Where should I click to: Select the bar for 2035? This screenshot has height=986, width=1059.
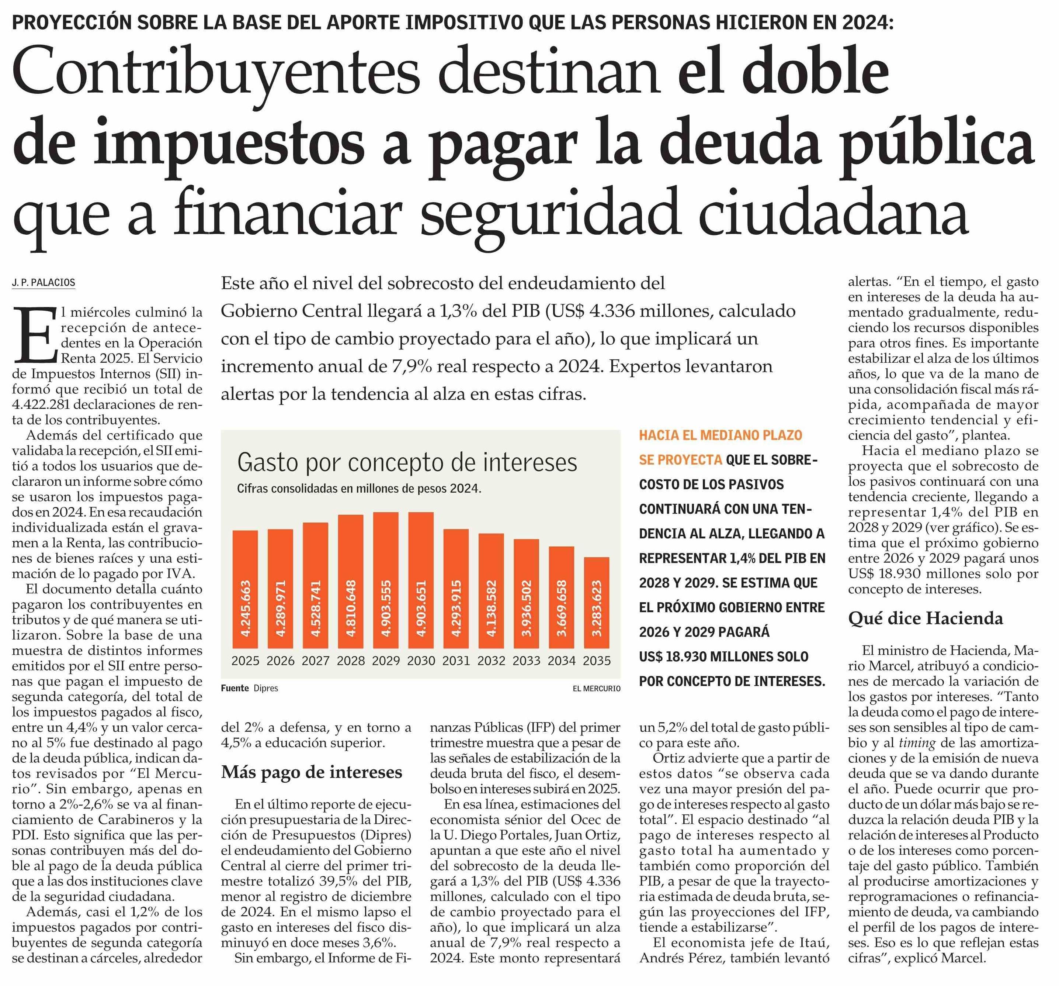[x=597, y=602]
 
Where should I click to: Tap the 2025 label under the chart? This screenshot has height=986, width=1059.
[x=245, y=661]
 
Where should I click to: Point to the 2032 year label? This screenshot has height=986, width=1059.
[x=491, y=661]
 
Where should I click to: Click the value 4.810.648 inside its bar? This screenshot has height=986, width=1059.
[x=351, y=608]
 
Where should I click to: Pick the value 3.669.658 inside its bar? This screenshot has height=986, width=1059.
[x=562, y=608]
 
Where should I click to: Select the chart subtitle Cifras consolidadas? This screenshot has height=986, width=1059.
[x=358, y=488]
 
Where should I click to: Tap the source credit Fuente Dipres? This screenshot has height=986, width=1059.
[x=249, y=688]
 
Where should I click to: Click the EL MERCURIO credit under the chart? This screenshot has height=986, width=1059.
[x=596, y=689]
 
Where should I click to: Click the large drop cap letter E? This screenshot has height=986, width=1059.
[x=35, y=334]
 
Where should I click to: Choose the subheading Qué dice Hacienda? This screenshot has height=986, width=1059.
[x=925, y=618]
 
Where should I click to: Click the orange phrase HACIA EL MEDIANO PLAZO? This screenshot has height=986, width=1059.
[x=720, y=435]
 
